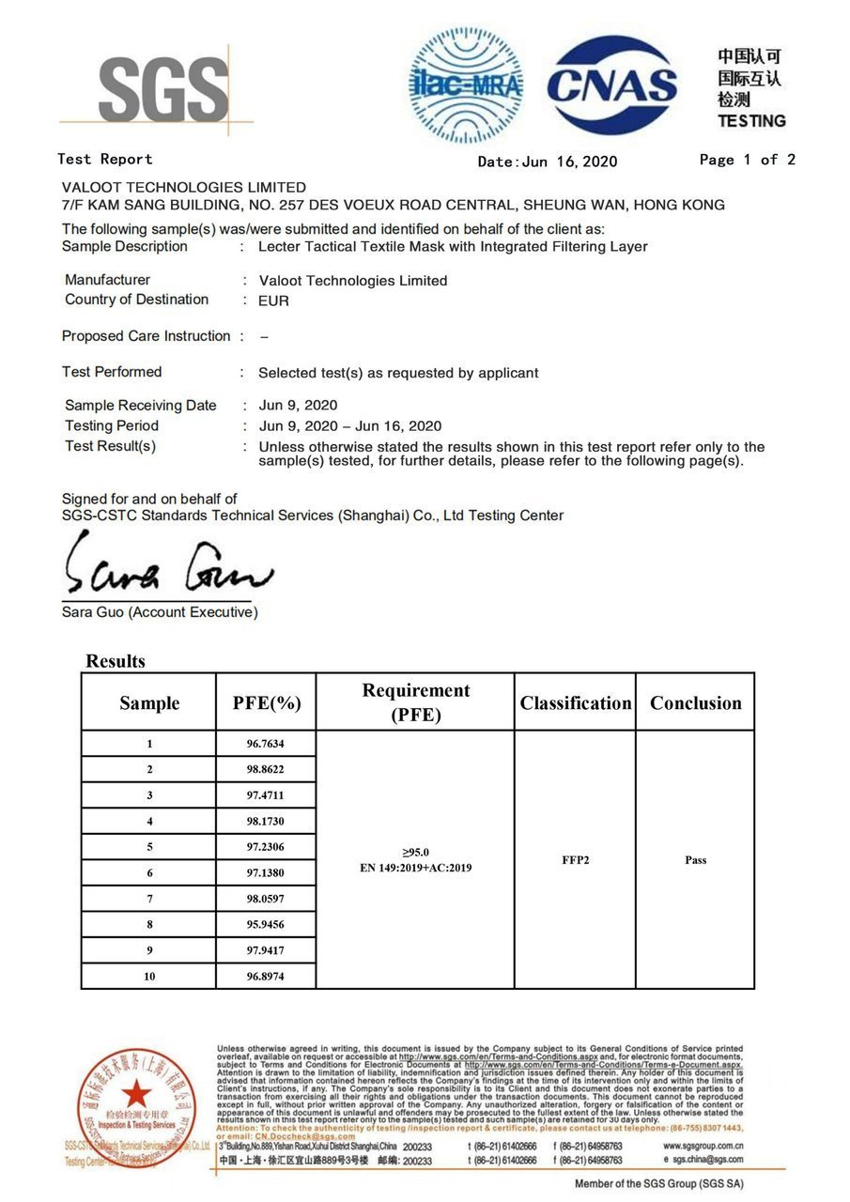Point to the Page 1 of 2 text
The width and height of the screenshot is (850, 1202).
click(747, 160)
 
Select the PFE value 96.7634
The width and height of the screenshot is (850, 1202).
click(265, 744)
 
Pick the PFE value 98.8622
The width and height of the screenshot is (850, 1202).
click(265, 770)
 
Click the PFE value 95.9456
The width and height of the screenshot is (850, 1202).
click(265, 924)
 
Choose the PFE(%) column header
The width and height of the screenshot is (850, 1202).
click(266, 703)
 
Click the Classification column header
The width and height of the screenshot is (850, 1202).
click(575, 703)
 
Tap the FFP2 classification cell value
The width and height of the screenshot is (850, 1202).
click(575, 860)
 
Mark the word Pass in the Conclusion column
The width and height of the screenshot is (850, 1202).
click(695, 860)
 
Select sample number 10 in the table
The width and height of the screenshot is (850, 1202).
click(149, 977)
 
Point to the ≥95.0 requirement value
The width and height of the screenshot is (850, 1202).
click(415, 852)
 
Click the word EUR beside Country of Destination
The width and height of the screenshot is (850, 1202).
click(273, 301)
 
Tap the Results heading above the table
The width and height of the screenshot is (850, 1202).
click(116, 661)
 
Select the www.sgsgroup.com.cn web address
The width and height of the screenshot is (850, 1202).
click(703, 1147)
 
